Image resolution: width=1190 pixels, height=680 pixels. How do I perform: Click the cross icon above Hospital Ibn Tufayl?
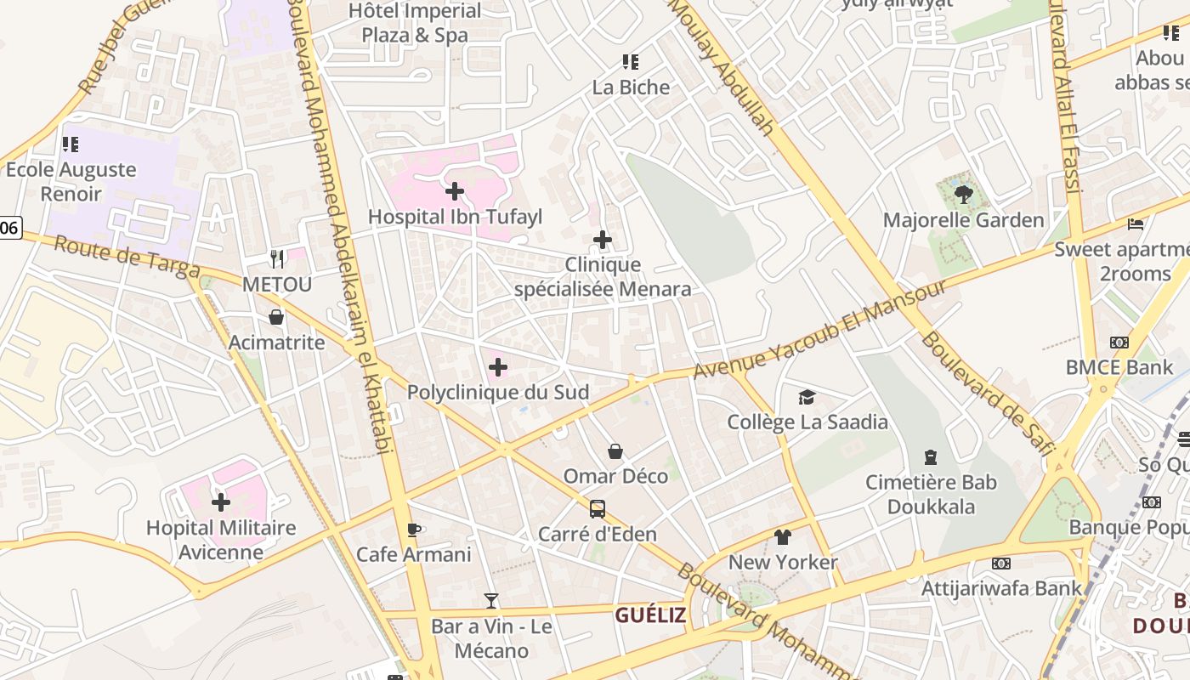point(455,190)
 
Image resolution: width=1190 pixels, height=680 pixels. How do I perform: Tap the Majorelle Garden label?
point(963,220)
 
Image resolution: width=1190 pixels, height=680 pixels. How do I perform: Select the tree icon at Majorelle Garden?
point(963,195)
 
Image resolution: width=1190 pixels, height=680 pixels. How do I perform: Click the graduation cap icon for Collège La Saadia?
point(807,397)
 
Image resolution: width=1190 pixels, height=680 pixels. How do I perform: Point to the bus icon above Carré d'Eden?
point(598,509)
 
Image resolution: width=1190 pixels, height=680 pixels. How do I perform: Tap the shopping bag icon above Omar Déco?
point(615,451)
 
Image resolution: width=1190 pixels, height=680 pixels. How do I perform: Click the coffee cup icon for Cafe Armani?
point(414,530)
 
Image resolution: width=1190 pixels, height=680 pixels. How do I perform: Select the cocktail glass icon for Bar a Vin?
point(491,601)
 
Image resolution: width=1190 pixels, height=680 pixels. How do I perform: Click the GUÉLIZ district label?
point(650,615)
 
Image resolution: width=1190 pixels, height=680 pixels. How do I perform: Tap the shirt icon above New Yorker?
point(783,537)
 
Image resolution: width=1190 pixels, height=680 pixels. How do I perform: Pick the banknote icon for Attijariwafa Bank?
point(1001,564)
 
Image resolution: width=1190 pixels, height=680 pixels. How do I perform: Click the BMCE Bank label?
point(1119,367)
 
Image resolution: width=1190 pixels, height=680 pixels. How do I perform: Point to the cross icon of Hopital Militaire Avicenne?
point(221,502)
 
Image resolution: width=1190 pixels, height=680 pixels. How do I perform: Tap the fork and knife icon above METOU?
point(277,258)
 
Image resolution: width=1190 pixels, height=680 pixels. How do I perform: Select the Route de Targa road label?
point(127,257)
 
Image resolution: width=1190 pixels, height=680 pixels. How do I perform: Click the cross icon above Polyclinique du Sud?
point(498,367)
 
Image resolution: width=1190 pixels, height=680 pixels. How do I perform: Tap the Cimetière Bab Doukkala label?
point(931,495)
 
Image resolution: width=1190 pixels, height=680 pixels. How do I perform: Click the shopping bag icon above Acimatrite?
point(276,318)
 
